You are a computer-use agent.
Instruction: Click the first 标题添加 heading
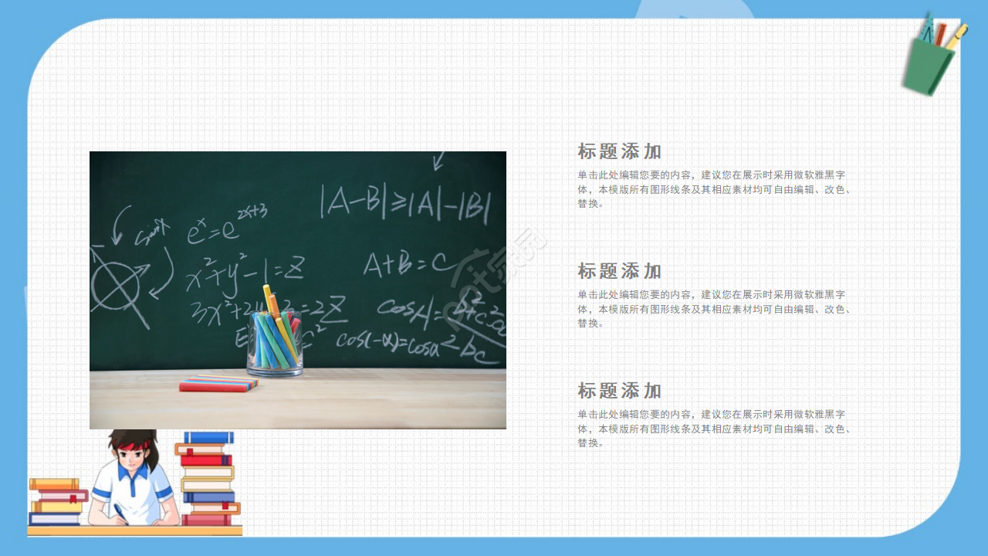(x=619, y=151)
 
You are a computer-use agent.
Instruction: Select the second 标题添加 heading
(x=619, y=271)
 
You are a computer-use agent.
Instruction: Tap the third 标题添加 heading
(x=619, y=391)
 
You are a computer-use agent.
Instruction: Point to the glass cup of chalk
(x=275, y=344)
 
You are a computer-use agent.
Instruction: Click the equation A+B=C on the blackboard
(x=409, y=264)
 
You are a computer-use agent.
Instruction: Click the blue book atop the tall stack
(x=208, y=438)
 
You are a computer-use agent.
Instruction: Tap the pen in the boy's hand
(x=120, y=512)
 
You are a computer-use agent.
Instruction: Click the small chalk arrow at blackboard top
(x=439, y=161)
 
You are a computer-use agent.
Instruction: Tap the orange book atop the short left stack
(x=54, y=484)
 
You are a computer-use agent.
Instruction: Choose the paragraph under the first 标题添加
(x=714, y=189)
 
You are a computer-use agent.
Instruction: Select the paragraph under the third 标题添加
(x=714, y=429)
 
